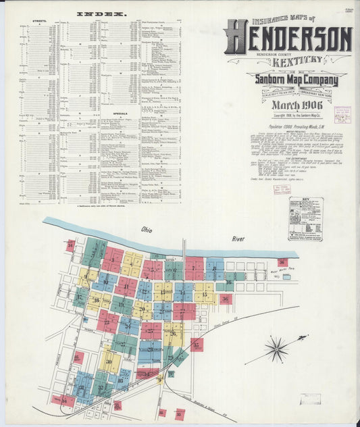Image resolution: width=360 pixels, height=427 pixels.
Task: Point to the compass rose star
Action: click(277, 349)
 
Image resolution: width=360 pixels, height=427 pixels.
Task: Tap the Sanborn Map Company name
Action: click(288, 82)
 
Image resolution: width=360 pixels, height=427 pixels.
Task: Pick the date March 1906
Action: click(288, 105)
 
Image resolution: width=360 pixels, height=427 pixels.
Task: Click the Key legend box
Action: click(306, 218)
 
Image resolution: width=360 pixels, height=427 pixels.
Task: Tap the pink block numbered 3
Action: click(112, 259)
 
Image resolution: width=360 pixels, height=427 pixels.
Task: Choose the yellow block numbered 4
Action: click(132, 264)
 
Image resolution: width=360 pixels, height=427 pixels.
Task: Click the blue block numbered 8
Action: click(214, 269)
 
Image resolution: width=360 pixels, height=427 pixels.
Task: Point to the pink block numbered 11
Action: click(126, 286)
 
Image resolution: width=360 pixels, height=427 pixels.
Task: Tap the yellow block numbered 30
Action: click(109, 361)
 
